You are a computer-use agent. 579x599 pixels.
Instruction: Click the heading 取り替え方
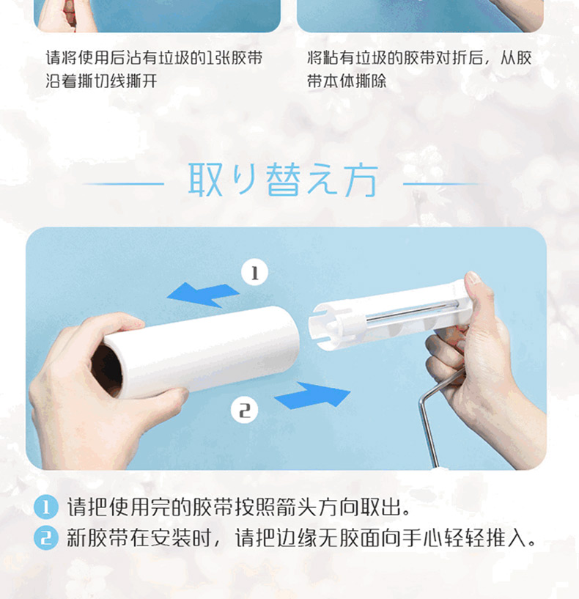point(283,180)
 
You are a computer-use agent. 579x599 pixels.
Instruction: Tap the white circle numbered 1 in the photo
point(255,273)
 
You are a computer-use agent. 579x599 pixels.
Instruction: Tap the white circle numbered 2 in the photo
point(245,411)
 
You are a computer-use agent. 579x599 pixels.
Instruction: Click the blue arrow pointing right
point(312,395)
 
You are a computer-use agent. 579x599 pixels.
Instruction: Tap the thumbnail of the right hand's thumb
point(473,277)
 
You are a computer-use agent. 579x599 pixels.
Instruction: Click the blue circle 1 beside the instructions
point(46,507)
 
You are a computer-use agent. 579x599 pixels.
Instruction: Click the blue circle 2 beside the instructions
point(46,538)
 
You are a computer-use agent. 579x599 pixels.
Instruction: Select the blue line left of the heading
point(123,184)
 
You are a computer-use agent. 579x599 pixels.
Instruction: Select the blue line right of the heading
point(442,184)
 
